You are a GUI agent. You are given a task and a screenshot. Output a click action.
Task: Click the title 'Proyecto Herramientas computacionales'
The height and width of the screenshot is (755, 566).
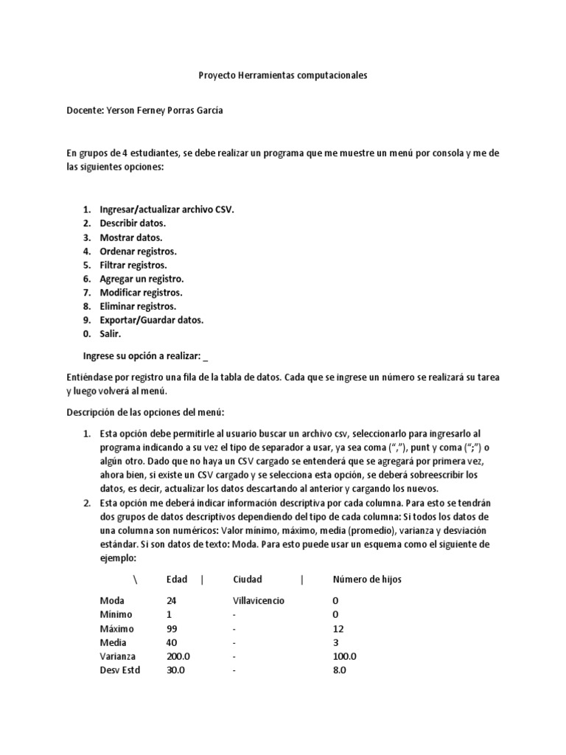pyautogui.click(x=283, y=75)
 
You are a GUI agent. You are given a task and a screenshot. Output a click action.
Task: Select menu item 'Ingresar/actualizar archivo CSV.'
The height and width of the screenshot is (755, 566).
pyautogui.click(x=167, y=209)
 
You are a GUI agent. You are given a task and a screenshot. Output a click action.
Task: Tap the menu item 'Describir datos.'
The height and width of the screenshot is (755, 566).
pyautogui.click(x=133, y=223)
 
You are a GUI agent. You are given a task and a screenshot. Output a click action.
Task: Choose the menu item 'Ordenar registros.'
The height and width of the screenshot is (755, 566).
pyautogui.click(x=138, y=251)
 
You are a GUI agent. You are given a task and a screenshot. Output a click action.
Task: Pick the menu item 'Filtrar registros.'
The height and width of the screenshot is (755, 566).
pyautogui.click(x=133, y=265)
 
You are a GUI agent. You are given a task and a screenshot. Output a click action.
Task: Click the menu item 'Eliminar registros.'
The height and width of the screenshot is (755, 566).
pyautogui.click(x=138, y=306)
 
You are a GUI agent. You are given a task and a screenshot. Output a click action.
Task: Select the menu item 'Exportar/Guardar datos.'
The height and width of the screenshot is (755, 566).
pyautogui.click(x=151, y=320)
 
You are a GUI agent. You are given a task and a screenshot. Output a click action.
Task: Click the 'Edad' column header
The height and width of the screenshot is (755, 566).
pyautogui.click(x=177, y=580)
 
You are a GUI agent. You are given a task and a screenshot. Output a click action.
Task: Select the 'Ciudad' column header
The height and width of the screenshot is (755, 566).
pyautogui.click(x=247, y=580)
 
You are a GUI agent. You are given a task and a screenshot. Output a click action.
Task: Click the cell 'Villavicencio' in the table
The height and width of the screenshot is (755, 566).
pyautogui.click(x=259, y=601)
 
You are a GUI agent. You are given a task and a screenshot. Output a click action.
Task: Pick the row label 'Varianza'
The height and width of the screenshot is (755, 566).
pyautogui.click(x=116, y=656)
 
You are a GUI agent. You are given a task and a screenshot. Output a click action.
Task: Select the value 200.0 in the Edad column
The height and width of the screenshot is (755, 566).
pyautogui.click(x=178, y=656)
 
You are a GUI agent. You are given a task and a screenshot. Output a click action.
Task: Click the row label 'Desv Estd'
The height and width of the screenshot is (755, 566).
pyautogui.click(x=119, y=670)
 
